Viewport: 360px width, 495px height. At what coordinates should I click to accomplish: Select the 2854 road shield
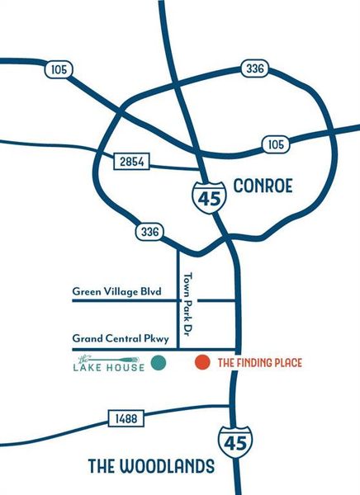coord(130,163)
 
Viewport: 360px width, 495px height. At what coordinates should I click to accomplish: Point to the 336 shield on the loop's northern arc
coord(254,68)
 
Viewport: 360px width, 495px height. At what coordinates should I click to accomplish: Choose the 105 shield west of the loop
coord(57,71)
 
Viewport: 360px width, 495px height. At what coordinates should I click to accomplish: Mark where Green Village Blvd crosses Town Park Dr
coord(179,301)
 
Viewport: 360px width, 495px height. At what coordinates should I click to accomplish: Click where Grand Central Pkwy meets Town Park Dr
coord(179,349)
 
